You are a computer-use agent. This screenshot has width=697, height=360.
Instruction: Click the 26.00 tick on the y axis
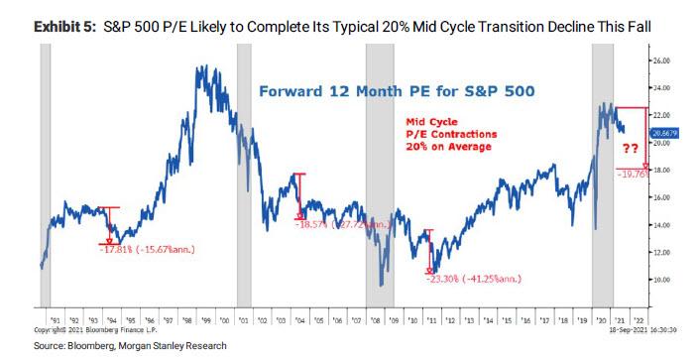[662, 60]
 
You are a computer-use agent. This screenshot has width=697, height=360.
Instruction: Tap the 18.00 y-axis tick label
[662, 171]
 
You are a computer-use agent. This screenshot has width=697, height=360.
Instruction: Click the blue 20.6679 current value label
[664, 131]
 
